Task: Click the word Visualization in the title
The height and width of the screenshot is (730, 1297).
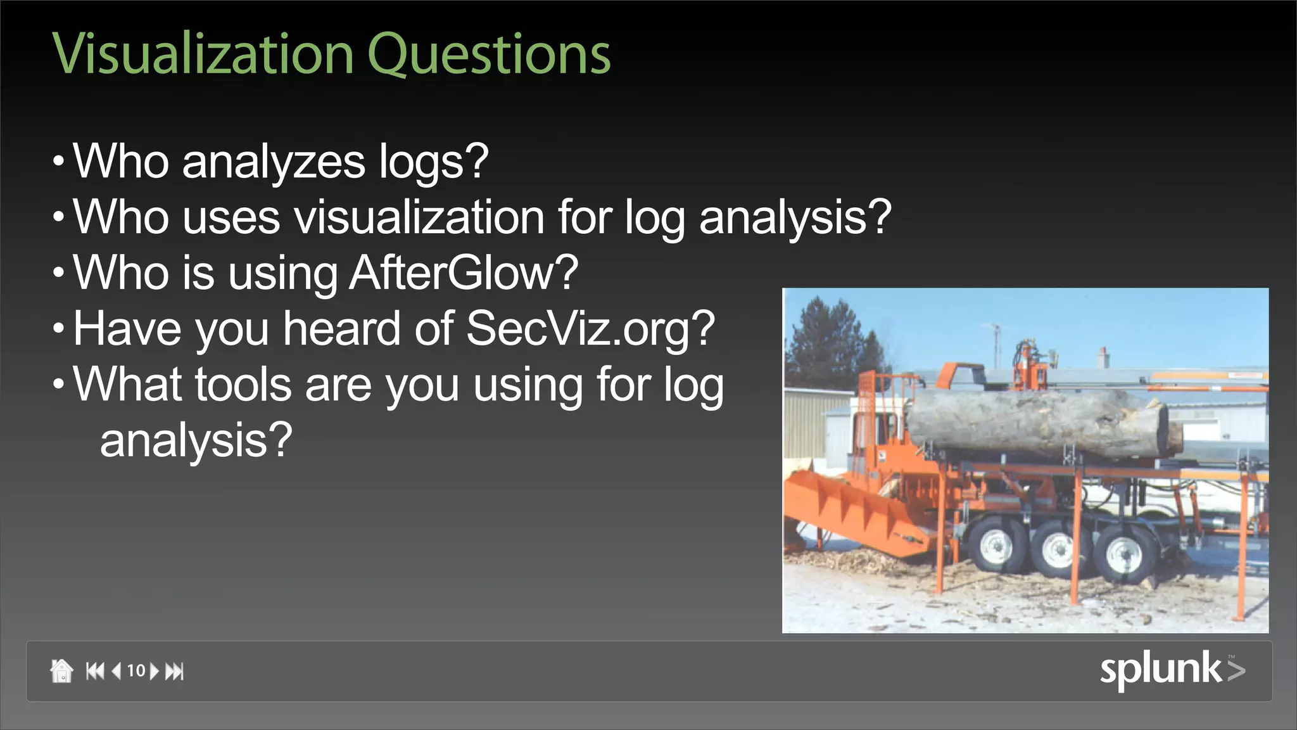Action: click(x=203, y=54)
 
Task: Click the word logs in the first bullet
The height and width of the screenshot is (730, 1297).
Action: click(x=433, y=163)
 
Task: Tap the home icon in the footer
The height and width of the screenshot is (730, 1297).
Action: click(x=61, y=670)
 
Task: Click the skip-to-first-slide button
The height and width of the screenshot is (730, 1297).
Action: click(x=95, y=670)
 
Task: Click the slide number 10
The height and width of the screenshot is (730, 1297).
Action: click(x=136, y=670)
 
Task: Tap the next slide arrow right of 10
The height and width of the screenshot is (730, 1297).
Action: click(x=154, y=670)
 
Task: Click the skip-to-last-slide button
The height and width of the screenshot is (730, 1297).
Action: click(x=175, y=670)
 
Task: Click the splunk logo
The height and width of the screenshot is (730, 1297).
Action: click(x=1172, y=669)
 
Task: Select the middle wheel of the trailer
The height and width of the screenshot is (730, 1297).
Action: click(x=1056, y=550)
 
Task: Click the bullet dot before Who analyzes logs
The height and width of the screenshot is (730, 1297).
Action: click(x=59, y=162)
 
